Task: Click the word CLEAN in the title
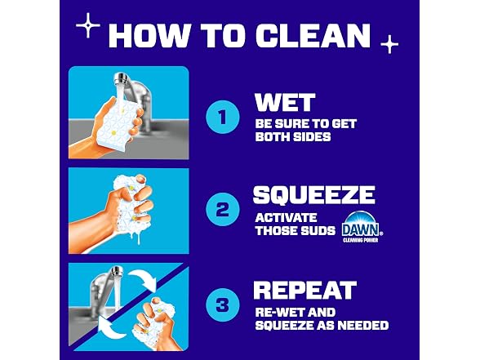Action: pos(313,35)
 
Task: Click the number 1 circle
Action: pos(223,117)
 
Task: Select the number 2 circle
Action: pos(223,210)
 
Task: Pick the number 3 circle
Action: pos(223,305)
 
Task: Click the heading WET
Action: pos(285,102)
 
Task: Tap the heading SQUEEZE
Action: pos(314,194)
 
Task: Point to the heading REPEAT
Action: pos(305,290)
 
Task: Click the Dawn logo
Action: pos(362,227)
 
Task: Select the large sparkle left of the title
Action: pos(88,25)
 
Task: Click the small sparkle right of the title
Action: pos(389,44)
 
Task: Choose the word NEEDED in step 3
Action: pos(362,325)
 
